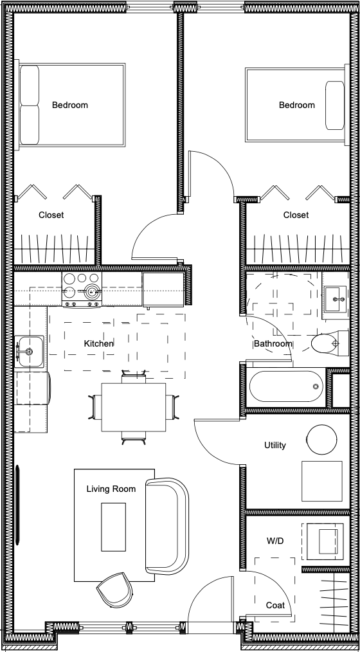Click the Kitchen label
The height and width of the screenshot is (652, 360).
pyautogui.click(x=98, y=343)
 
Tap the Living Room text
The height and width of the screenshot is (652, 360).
pyautogui.click(x=111, y=489)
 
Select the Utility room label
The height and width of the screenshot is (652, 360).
pyautogui.click(x=275, y=446)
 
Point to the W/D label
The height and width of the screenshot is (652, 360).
pyautogui.click(x=275, y=541)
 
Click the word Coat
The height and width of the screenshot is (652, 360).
pyautogui.click(x=275, y=606)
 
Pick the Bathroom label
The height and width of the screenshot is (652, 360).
pyautogui.click(x=273, y=343)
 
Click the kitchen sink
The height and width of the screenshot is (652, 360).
pyautogui.click(x=29, y=352)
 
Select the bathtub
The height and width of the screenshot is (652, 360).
pyautogui.click(x=286, y=386)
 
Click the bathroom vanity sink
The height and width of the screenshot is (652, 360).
pyautogui.click(x=335, y=298)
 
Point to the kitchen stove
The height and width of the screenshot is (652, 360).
pyautogui.click(x=82, y=290)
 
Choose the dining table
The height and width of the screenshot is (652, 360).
pyautogui.click(x=134, y=407)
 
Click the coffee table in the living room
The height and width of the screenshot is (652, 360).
pyautogui.click(x=114, y=527)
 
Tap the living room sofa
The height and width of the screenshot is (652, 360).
pyautogui.click(x=167, y=527)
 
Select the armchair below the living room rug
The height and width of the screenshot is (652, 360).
pyautogui.click(x=114, y=589)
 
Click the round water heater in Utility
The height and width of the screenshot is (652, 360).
pyautogui.click(x=322, y=439)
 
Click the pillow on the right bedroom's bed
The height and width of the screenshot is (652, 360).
pyautogui.click(x=335, y=105)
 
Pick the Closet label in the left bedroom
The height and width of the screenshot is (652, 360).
pyautogui.click(x=51, y=215)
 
